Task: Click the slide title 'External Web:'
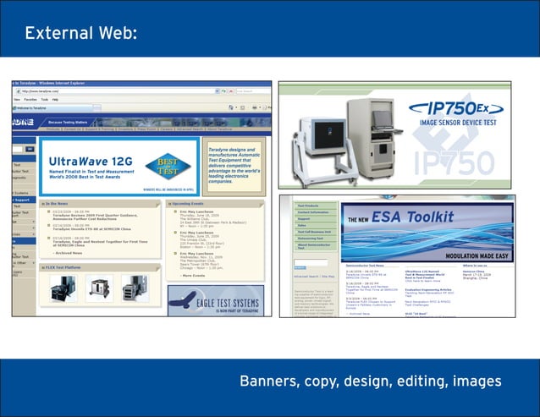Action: pyautogui.click(x=80, y=34)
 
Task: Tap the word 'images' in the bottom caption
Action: pyautogui.click(x=477, y=381)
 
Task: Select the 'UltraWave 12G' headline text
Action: pyautogui.click(x=90, y=160)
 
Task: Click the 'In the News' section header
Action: pyautogui.click(x=63, y=204)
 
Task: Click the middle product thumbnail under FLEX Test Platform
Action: pyautogui.click(x=99, y=288)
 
